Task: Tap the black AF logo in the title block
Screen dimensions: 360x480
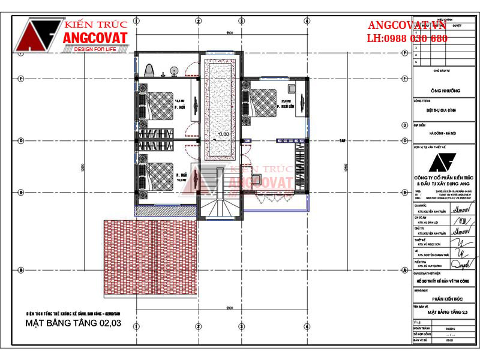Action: pos(445,163)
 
